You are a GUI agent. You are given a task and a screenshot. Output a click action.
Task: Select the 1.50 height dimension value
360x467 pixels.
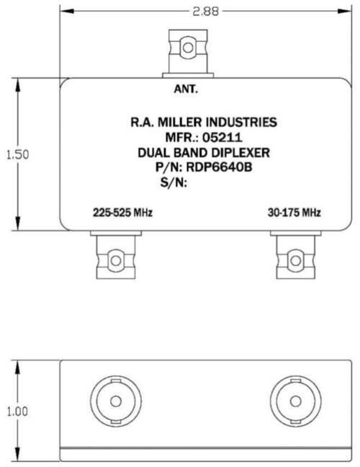17,156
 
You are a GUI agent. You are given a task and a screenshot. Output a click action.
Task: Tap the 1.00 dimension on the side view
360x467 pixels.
17,412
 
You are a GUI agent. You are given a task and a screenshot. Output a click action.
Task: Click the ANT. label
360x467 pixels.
186,91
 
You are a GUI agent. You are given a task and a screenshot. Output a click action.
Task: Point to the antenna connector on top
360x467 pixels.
187,50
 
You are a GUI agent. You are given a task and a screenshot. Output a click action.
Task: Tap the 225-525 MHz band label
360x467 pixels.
122,213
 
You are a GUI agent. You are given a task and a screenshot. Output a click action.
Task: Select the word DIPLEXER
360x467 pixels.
223,152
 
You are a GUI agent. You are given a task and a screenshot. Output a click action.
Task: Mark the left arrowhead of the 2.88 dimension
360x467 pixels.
63,12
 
